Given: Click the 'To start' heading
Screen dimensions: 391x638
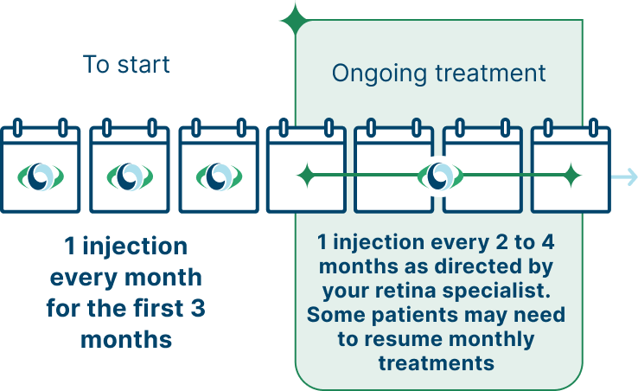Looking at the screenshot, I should tap(126, 65).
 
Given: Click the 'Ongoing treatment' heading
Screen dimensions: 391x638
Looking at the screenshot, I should tap(439, 73).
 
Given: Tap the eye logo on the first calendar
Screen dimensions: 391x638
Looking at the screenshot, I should tap(41, 177).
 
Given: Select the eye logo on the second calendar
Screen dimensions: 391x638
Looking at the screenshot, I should tap(130, 177).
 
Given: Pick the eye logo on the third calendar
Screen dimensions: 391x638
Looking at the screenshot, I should tap(218, 177).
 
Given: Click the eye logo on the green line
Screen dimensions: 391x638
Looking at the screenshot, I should tap(439, 177).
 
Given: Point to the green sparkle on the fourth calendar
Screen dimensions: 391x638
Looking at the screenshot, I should tap(305, 177).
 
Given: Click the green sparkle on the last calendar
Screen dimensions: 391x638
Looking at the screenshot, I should tap(570, 177).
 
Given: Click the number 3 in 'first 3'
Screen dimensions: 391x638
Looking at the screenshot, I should tap(196, 308).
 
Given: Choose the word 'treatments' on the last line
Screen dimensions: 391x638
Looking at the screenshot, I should tap(436, 362).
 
